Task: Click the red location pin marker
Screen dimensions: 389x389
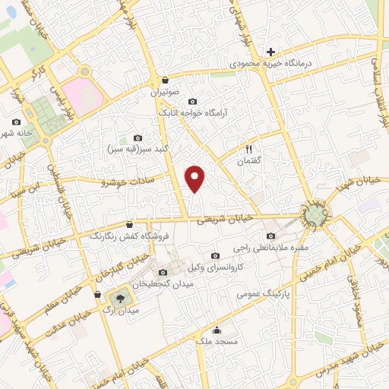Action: [x=196, y=178]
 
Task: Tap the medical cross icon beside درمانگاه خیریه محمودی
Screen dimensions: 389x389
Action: [x=270, y=52]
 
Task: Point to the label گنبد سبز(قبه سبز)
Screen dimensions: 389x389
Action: [x=137, y=148]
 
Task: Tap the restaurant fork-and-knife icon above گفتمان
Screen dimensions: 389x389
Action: [x=248, y=150]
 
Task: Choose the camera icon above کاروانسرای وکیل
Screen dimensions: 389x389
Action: [x=215, y=255]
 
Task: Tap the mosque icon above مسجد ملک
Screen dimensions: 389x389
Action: [x=217, y=330]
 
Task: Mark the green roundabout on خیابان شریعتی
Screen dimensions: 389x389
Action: [x=314, y=216]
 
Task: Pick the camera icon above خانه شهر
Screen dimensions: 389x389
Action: [x=17, y=122]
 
